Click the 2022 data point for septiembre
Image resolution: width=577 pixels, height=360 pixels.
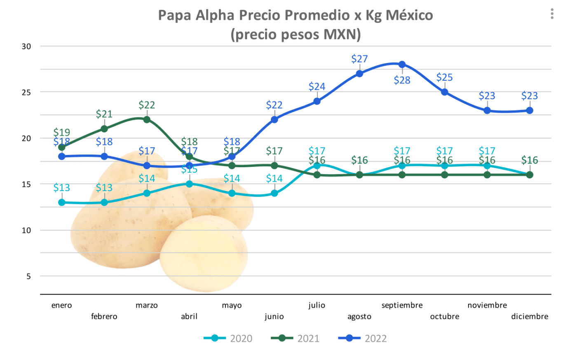[x=402, y=65]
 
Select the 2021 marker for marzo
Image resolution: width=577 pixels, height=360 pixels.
[x=147, y=120]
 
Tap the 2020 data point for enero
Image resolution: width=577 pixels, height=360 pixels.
[x=62, y=202]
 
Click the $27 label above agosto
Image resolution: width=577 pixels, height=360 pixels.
[x=359, y=59]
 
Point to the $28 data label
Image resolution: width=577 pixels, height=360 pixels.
[x=402, y=80]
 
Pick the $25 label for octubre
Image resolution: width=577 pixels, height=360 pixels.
[x=444, y=77]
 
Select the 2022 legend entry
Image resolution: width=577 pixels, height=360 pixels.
[x=363, y=338]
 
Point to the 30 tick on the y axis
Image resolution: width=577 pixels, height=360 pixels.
[x=26, y=47]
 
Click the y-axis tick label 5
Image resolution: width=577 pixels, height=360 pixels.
[x=28, y=276]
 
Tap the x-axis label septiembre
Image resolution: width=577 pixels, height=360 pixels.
[x=402, y=305]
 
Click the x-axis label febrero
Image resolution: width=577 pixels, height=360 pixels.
[x=104, y=316]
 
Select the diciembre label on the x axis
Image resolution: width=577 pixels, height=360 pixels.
[x=530, y=316]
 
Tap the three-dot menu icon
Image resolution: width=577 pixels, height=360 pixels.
[x=552, y=14]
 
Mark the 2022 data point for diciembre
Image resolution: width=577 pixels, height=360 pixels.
[x=530, y=110]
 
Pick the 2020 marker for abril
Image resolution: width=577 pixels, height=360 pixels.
[x=189, y=184]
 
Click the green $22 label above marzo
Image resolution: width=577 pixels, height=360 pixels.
[x=147, y=105]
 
